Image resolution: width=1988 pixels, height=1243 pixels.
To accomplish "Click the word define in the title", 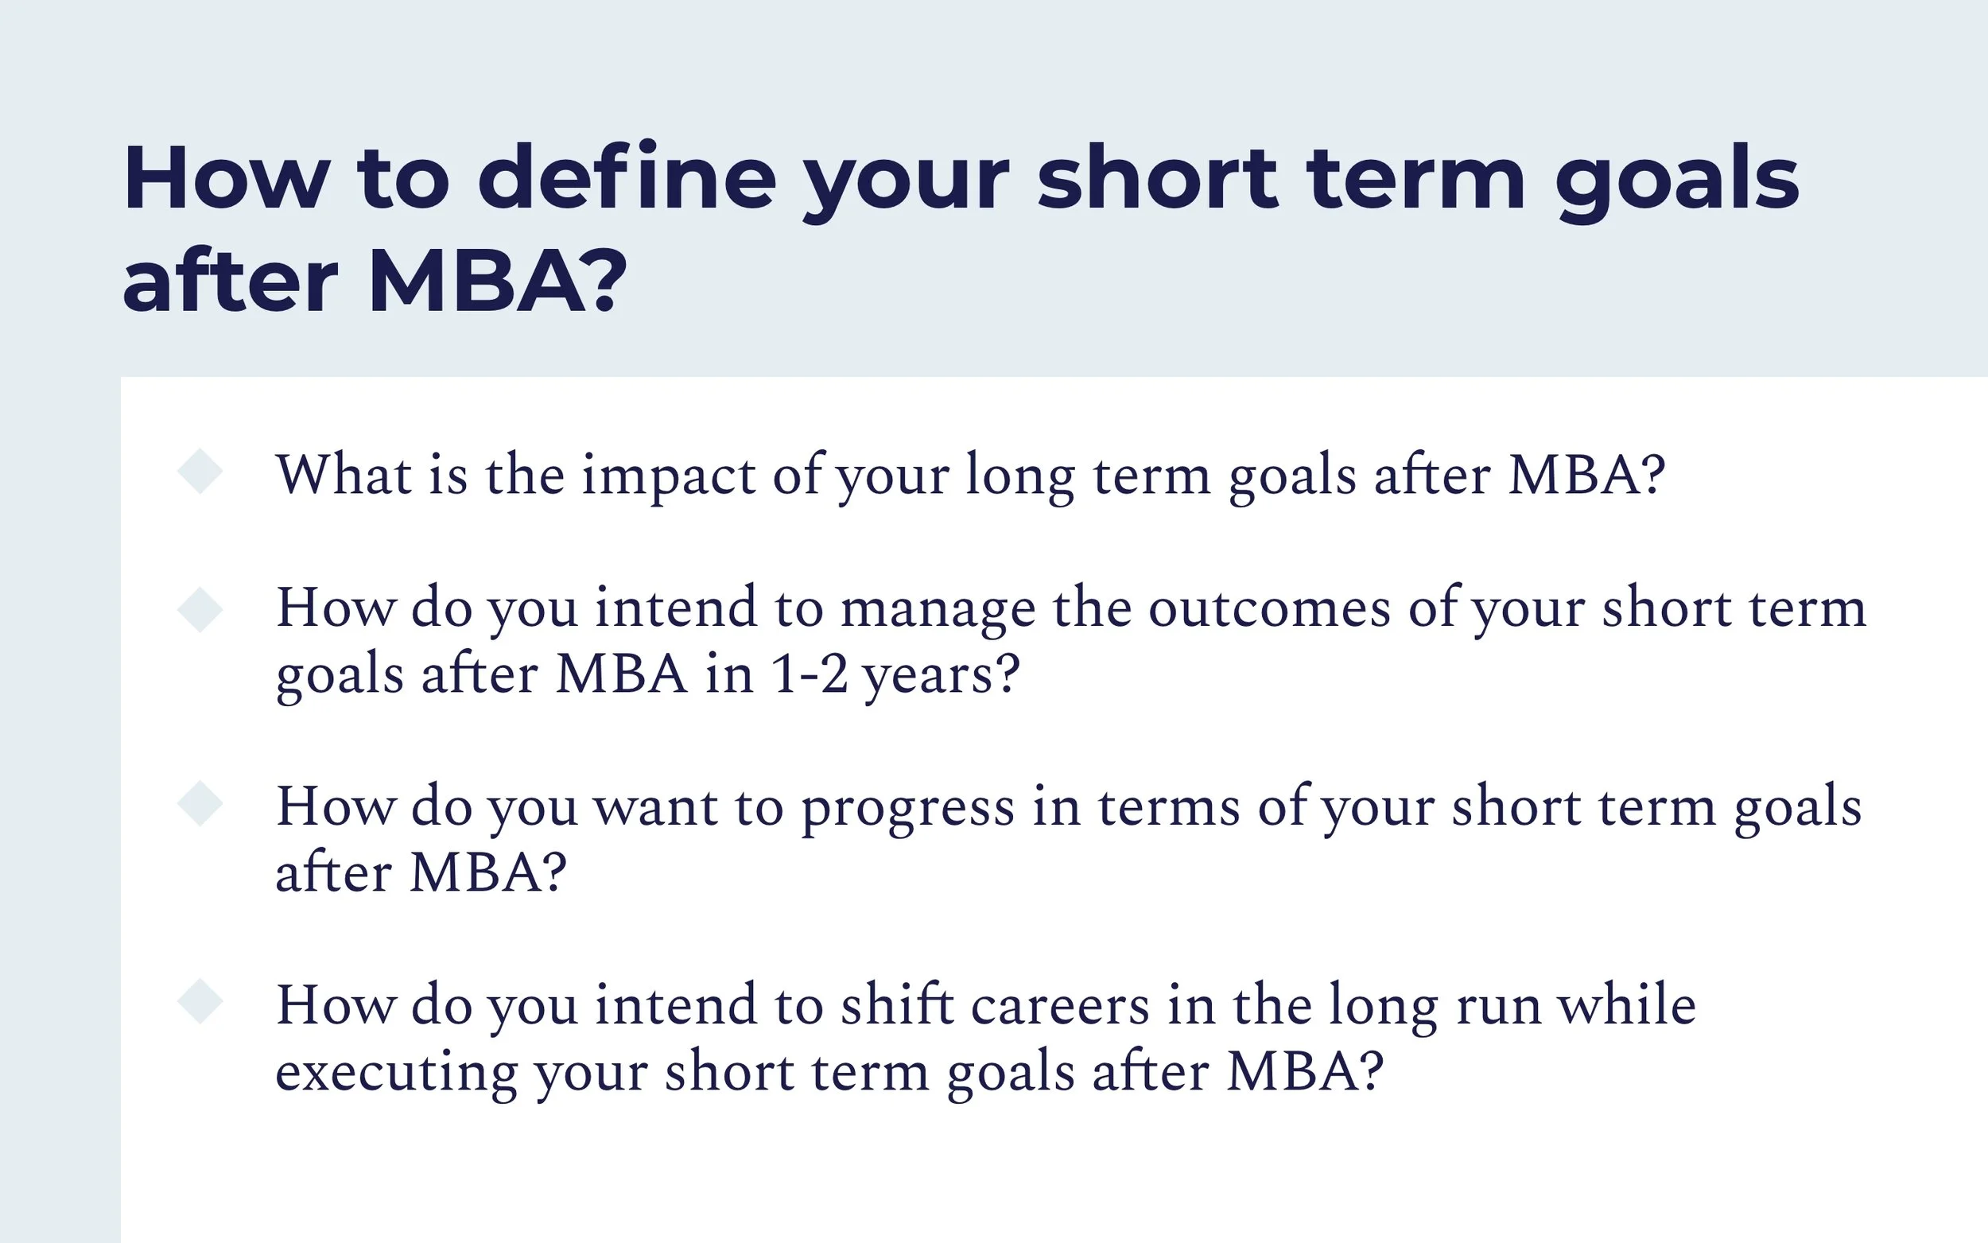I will click(627, 178).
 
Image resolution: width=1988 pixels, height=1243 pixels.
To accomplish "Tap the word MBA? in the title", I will click(497, 282).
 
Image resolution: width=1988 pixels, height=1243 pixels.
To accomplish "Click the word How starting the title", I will click(226, 178).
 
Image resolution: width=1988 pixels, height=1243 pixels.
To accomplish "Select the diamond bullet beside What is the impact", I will click(200, 471).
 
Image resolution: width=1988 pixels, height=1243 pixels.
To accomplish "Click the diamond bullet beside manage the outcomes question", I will click(200, 609).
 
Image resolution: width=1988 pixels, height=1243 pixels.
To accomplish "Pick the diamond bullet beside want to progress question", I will click(200, 803).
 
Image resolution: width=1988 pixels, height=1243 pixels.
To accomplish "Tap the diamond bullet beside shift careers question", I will click(200, 1001).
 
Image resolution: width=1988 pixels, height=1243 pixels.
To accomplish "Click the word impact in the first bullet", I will click(668, 477).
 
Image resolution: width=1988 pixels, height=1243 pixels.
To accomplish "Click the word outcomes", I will click(1270, 609).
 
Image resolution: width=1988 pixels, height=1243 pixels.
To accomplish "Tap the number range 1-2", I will click(810, 675).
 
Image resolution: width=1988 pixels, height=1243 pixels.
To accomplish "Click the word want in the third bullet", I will click(655, 809).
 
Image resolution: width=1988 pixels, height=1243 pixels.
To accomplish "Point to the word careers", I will click(1059, 1006).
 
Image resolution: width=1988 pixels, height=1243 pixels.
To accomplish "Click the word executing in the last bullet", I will click(396, 1074).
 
